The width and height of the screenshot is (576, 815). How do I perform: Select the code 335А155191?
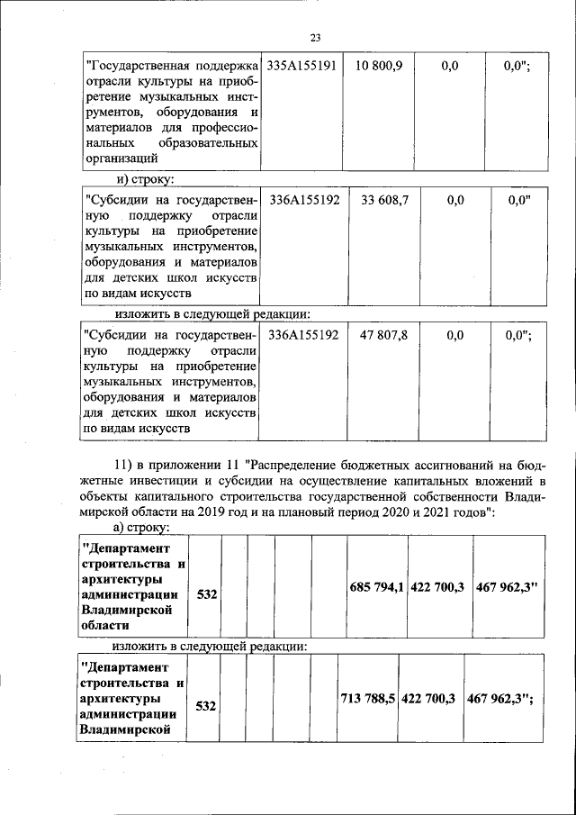301,66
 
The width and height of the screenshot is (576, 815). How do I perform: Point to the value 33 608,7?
384,200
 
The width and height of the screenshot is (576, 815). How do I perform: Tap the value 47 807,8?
384,334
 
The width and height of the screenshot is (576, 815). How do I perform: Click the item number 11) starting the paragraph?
123,465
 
